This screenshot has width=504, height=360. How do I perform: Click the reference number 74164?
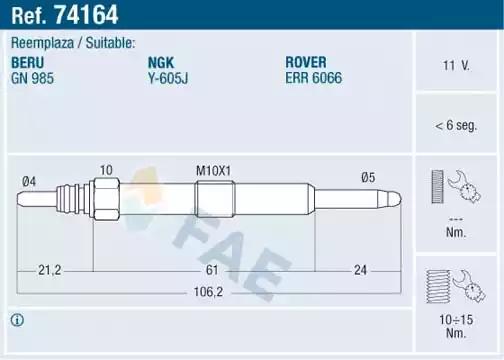(86, 15)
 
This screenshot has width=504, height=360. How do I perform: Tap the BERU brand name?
(28, 63)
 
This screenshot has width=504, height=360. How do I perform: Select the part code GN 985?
(32, 78)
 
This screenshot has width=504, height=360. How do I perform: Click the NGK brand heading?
(161, 63)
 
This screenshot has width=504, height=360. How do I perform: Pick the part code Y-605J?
(168, 78)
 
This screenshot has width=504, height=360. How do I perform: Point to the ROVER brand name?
(306, 62)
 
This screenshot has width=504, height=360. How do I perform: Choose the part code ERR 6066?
(314, 78)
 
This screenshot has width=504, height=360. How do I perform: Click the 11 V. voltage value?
(456, 65)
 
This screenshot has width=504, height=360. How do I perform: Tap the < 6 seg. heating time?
(456, 126)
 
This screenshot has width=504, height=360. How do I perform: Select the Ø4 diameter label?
(29, 182)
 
